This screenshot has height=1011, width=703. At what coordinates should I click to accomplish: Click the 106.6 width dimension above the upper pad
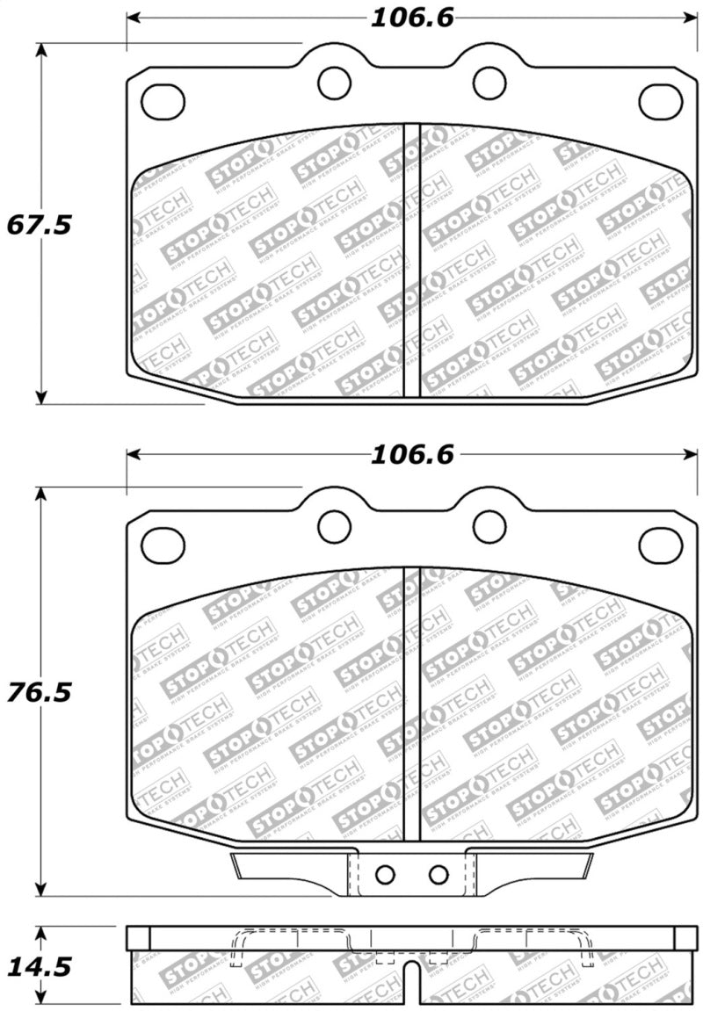pos(410,18)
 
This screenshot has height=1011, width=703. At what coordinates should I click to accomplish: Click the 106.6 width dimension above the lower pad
pos(410,454)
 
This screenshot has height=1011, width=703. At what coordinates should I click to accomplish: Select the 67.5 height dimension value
pos(39,225)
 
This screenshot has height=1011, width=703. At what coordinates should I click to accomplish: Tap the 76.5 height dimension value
pos(39,692)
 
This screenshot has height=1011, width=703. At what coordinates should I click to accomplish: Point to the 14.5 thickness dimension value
pos(39,967)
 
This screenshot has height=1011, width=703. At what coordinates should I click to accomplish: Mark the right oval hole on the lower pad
pos(661,545)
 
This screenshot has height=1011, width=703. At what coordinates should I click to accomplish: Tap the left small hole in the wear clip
pos(384,874)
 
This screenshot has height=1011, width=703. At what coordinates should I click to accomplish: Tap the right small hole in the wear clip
pos(438,874)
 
